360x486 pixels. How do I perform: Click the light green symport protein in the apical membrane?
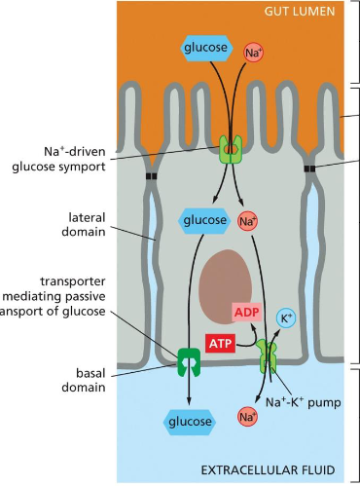click(x=231, y=150)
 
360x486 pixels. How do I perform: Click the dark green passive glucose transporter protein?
click(x=188, y=361)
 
